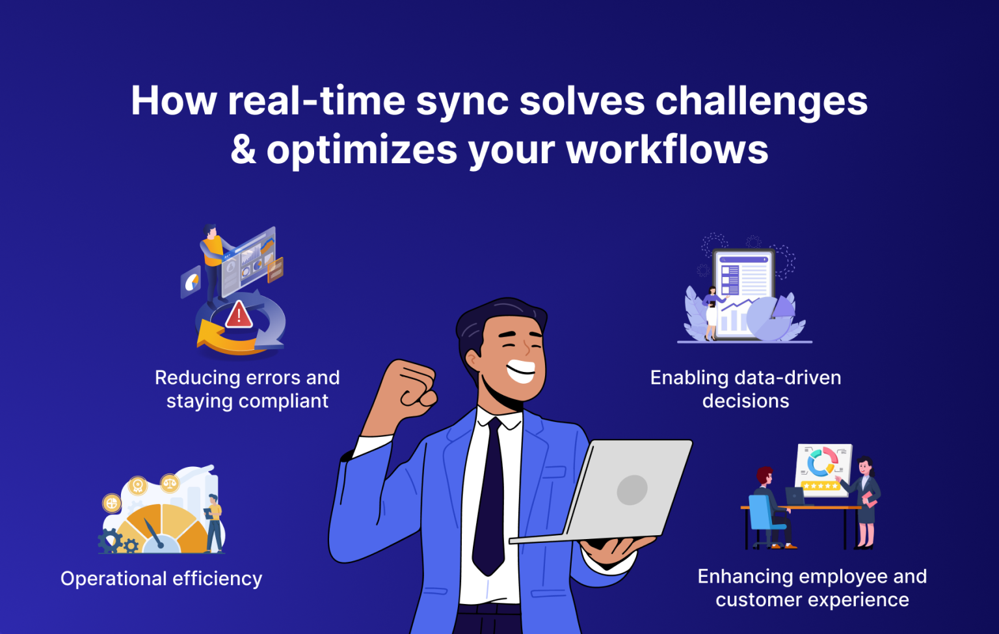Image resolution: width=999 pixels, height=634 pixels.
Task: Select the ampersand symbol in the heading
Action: (x=243, y=150)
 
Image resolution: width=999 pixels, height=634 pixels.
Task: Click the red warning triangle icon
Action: (x=239, y=315)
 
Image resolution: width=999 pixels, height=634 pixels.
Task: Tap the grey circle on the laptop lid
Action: (x=632, y=490)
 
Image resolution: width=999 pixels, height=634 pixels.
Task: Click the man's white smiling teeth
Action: (x=521, y=371)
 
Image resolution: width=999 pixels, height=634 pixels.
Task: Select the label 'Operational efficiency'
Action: (x=161, y=578)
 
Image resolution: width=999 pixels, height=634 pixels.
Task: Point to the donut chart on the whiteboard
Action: (x=821, y=462)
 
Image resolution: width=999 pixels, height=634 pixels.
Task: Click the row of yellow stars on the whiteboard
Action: (x=821, y=486)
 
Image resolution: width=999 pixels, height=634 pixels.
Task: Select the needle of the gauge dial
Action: (x=153, y=533)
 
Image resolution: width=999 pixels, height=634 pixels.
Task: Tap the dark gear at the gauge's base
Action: (x=109, y=541)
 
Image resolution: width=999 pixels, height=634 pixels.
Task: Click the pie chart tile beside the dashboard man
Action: (x=191, y=282)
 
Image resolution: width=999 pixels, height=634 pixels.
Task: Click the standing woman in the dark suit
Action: (x=866, y=501)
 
